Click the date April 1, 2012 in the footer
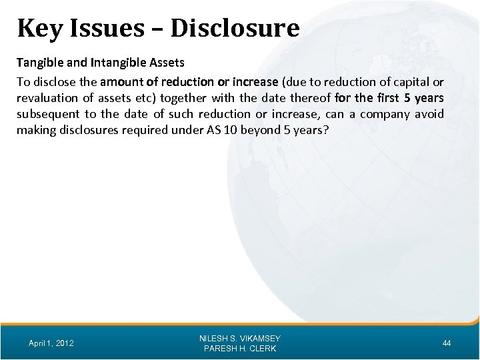(x=51, y=343)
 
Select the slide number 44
(x=447, y=343)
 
